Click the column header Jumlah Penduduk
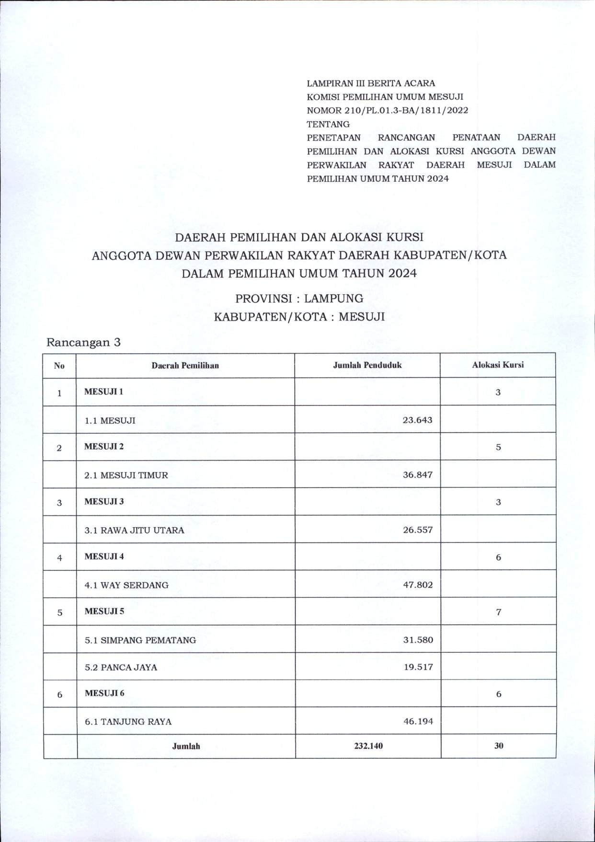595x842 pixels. (367, 365)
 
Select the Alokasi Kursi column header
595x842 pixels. (498, 365)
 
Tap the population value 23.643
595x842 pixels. (417, 420)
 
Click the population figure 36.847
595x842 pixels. (417, 475)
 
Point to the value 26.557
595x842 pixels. (417, 530)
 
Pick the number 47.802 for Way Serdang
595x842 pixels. (417, 585)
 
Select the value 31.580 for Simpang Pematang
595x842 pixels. (418, 640)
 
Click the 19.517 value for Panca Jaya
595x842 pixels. (418, 667)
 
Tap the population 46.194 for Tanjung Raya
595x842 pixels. (418, 721)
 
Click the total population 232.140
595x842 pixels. (368, 746)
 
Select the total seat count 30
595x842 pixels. (499, 746)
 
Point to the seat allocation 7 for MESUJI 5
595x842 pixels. (499, 612)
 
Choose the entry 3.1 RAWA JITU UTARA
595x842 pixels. (134, 531)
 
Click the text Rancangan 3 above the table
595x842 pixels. (83, 343)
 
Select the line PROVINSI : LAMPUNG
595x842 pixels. (299, 299)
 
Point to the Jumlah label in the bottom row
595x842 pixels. (186, 746)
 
